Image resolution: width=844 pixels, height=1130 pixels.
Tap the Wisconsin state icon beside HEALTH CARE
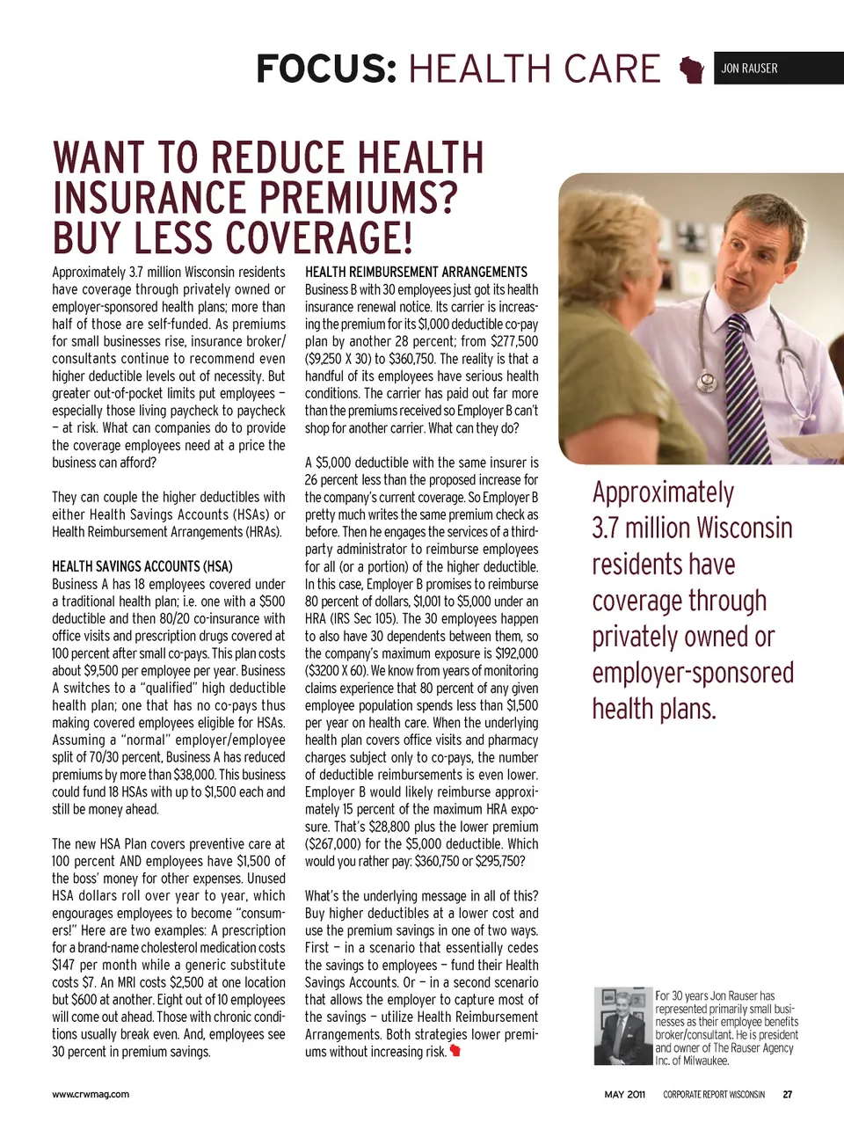pos(693,69)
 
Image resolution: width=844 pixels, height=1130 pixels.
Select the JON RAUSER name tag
pos(749,69)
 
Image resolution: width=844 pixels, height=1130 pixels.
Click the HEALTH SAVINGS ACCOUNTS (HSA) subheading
pos(142,566)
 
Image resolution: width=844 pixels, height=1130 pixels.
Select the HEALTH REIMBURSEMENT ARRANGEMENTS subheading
pos(416,273)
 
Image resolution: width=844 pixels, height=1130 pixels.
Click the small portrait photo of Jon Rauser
pos(622,1026)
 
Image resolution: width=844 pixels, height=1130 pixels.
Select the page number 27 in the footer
pos(788,1095)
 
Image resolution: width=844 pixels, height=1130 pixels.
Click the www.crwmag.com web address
pos(91,1095)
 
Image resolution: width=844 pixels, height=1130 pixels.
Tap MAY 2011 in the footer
pos(624,1095)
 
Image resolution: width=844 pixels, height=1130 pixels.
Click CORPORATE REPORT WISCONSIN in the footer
pos(714,1095)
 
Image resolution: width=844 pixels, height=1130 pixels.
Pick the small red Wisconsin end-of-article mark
pos(455,1051)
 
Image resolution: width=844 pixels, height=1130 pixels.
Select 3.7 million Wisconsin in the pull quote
pos(692,529)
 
